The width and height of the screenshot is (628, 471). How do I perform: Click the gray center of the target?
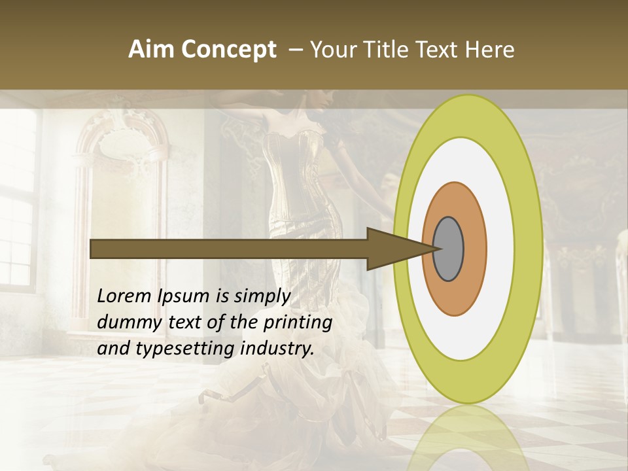pyautogui.click(x=449, y=249)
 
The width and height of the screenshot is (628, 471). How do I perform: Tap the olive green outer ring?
pyautogui.click(x=530, y=249)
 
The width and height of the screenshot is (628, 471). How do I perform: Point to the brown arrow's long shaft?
pyautogui.click(x=229, y=249)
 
